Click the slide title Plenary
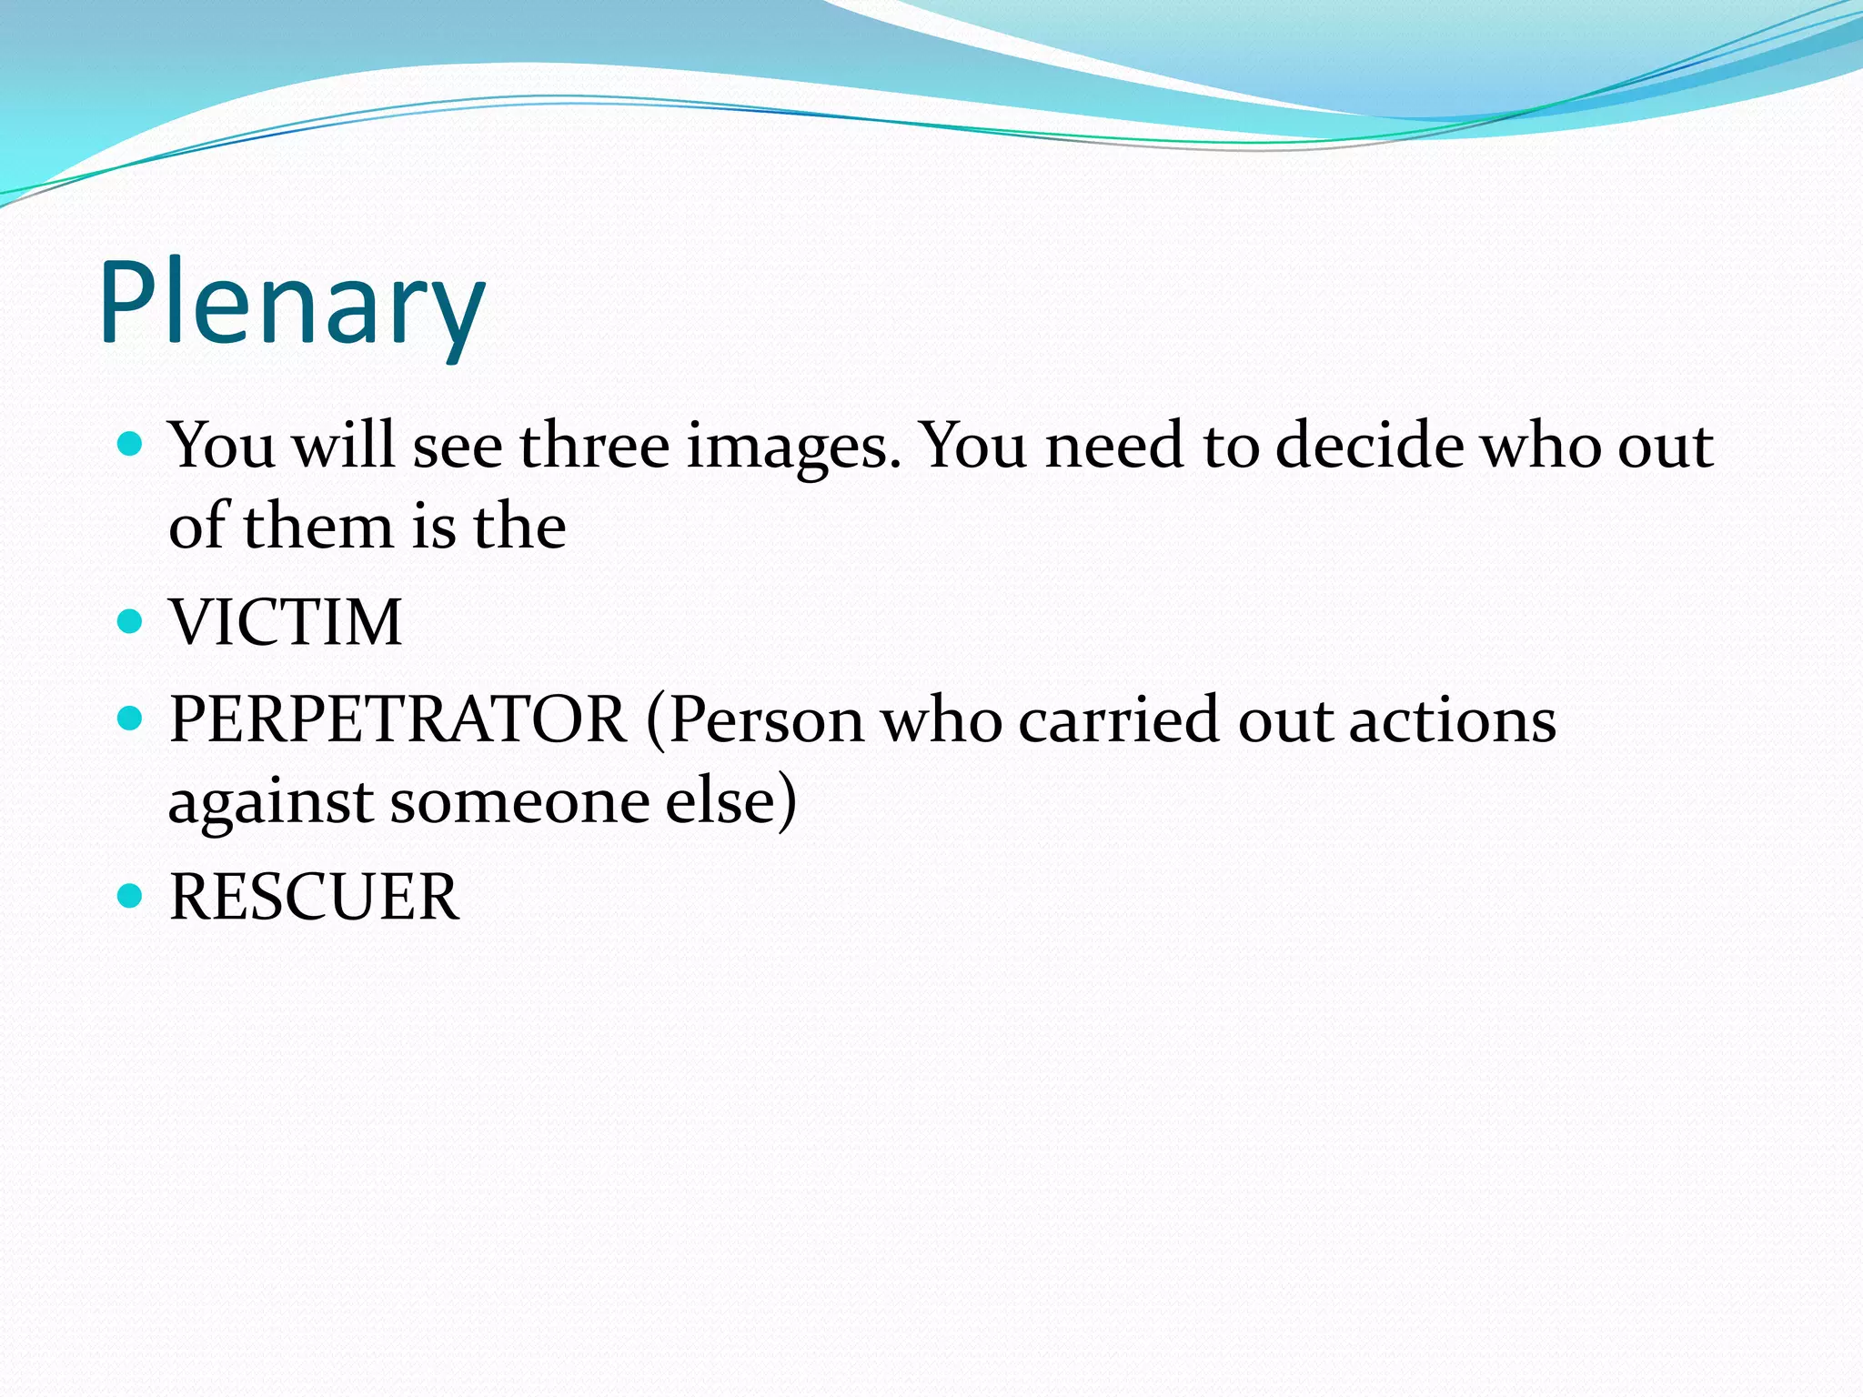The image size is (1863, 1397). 291,305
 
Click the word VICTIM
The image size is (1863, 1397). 286,623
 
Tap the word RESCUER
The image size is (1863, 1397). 314,898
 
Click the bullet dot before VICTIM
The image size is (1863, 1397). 131,622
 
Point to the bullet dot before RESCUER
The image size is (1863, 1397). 131,897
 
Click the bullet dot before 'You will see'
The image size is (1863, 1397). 131,445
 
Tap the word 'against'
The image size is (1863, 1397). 271,802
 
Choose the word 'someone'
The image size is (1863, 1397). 519,802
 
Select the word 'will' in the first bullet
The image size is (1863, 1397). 343,446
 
